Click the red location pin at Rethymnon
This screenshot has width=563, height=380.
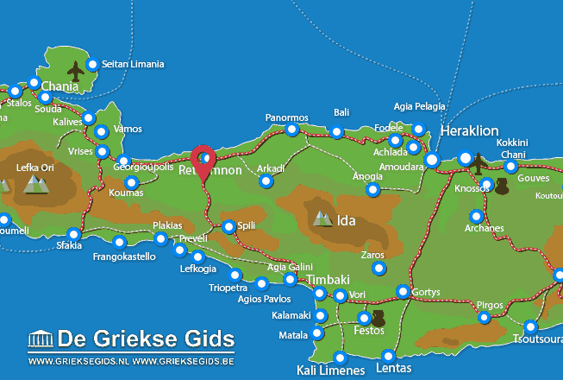(204, 160)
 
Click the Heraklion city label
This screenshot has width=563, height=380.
(469, 131)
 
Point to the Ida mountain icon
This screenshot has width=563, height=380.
(322, 218)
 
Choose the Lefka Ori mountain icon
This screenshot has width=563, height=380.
(35, 183)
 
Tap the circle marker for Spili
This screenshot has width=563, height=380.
(228, 227)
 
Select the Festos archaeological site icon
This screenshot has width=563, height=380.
(378, 317)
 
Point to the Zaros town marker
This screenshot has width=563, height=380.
(378, 269)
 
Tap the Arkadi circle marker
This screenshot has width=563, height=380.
(266, 181)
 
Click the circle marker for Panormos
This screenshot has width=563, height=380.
(292, 130)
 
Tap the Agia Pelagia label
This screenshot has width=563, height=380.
(420, 106)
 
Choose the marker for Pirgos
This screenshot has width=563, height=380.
(485, 319)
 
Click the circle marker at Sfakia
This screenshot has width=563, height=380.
(73, 234)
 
